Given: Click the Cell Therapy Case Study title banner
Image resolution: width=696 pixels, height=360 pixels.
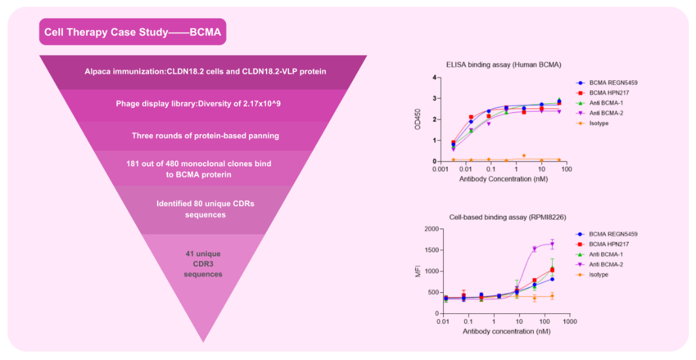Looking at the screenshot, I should pyautogui.click(x=132, y=32).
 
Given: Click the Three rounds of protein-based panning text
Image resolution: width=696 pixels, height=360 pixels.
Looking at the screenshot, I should pyautogui.click(x=205, y=135).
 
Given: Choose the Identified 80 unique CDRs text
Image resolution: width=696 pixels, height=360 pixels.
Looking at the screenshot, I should pyautogui.click(x=205, y=209).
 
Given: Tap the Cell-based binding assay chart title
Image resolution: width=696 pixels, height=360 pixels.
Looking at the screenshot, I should pyautogui.click(x=498, y=217).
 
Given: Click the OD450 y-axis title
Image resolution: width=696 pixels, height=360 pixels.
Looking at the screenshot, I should pyautogui.click(x=418, y=119).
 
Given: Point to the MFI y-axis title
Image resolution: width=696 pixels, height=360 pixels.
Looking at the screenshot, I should pyautogui.click(x=418, y=271).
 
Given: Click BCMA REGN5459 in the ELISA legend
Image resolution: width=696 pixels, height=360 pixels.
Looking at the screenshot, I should pyautogui.click(x=613, y=83).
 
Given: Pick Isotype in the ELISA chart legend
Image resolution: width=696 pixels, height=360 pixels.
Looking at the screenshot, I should pyautogui.click(x=601, y=123).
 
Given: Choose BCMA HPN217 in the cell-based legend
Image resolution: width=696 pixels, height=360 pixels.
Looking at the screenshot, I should pyautogui.click(x=611, y=244).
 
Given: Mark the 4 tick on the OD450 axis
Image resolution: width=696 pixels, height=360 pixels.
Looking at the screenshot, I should pyautogui.click(x=433, y=78).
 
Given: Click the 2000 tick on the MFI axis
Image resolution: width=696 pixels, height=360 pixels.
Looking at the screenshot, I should pyautogui.click(x=429, y=229).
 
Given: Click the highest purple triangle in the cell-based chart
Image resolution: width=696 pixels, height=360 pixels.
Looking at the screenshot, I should pyautogui.click(x=552, y=244).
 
